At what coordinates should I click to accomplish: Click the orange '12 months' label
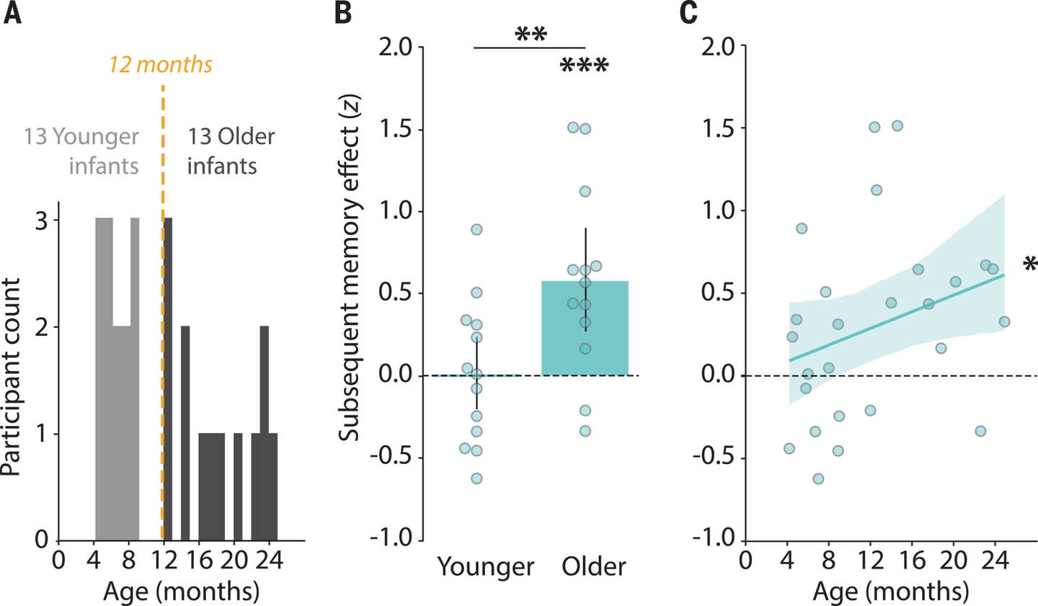point(161,65)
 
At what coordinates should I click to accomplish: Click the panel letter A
point(12,13)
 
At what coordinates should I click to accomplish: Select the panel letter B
point(344,13)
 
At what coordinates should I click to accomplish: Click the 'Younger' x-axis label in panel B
point(486,566)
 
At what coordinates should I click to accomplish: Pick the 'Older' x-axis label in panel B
point(593,566)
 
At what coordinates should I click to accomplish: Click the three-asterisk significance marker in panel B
point(584,68)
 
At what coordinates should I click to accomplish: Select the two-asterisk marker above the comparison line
point(531,35)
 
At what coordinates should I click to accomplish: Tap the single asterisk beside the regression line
point(1030,265)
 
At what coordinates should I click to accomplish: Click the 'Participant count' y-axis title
point(11,378)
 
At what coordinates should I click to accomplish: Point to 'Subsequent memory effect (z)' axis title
point(351,282)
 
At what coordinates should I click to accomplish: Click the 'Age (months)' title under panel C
point(890,592)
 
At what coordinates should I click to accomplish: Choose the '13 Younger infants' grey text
point(81,151)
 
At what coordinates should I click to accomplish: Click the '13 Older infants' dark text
point(231,151)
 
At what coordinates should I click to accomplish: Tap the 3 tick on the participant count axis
point(41,221)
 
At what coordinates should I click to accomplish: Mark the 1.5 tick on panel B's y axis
point(394,130)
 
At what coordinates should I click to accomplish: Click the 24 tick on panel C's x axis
point(995,561)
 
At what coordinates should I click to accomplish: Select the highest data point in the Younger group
point(476,230)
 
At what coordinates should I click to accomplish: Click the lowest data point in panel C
point(818,478)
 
